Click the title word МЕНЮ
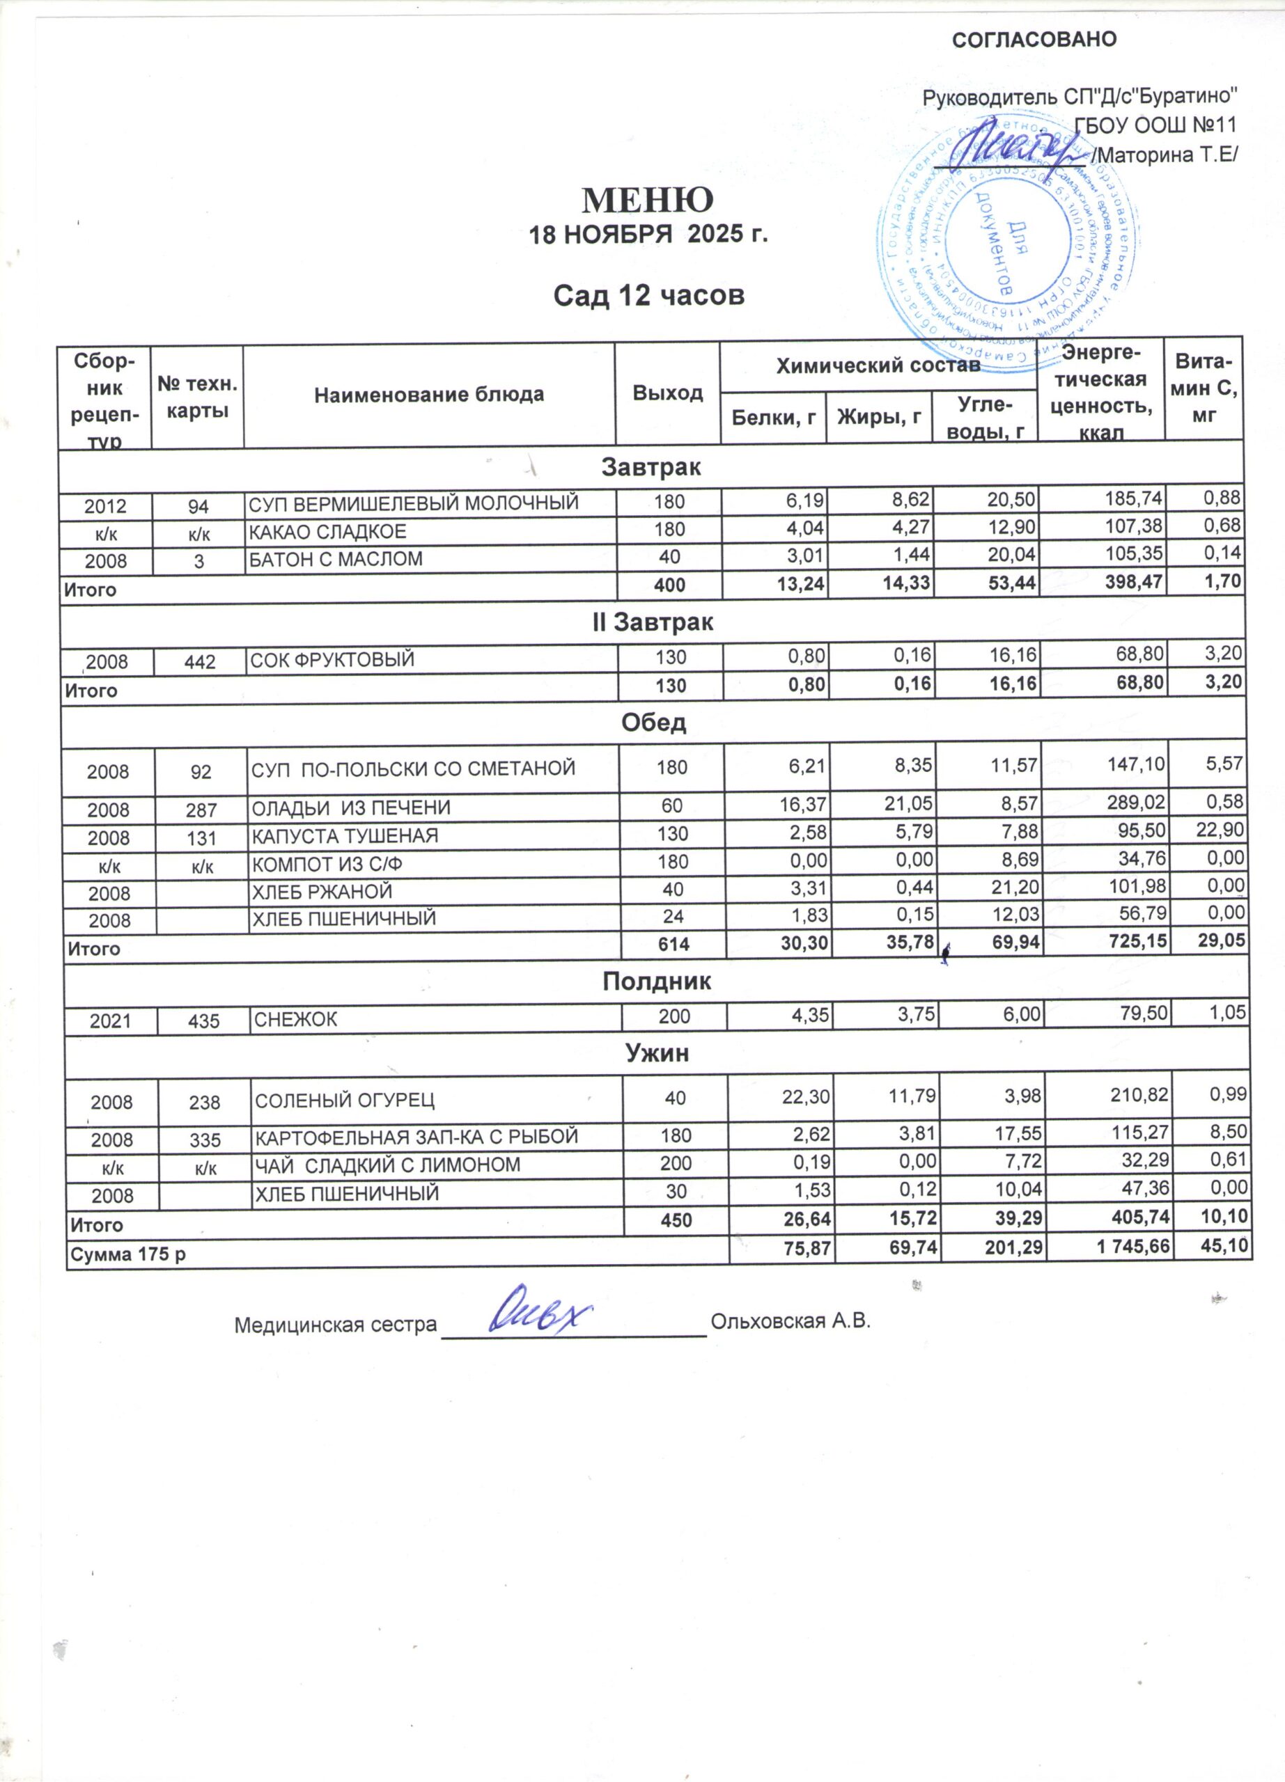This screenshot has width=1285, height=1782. [647, 200]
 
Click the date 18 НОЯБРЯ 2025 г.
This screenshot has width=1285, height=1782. [648, 235]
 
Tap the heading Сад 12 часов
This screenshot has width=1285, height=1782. [648, 295]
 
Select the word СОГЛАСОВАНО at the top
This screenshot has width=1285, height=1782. [1034, 39]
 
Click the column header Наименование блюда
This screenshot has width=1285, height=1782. [429, 395]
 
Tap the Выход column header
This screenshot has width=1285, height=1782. [667, 393]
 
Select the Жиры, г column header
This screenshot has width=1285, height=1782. [879, 418]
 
